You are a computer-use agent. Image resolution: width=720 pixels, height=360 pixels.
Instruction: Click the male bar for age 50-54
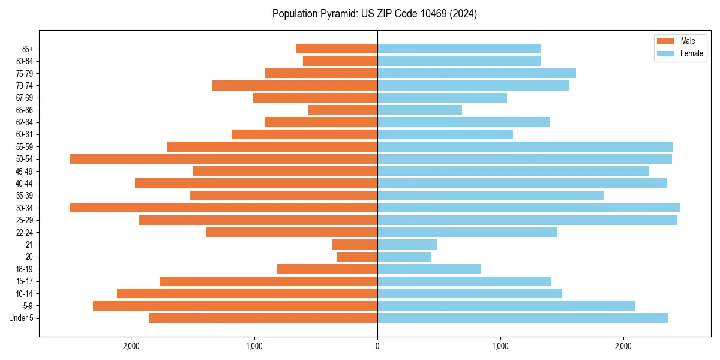(223, 159)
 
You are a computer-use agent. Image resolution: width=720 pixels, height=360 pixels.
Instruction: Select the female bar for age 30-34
(529, 208)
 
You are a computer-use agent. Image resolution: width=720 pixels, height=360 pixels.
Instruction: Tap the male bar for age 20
(357, 257)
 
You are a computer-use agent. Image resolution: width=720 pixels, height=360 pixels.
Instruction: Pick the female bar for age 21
(407, 245)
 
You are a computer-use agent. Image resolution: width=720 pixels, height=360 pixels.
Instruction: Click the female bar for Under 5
(523, 318)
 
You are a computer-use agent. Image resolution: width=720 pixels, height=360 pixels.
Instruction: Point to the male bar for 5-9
(235, 306)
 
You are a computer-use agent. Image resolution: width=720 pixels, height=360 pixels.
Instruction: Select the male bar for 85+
(337, 49)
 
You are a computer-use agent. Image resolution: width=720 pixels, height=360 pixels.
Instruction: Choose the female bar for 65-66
(419, 110)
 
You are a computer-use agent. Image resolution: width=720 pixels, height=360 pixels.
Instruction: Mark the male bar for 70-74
(295, 86)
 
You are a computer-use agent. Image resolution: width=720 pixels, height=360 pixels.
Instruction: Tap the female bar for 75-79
(476, 73)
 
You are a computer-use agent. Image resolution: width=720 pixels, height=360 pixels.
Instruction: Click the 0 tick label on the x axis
(377, 346)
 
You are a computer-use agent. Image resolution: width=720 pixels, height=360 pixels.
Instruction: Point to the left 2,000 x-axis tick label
(131, 346)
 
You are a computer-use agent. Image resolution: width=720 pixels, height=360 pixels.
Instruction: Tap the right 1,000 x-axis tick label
(500, 346)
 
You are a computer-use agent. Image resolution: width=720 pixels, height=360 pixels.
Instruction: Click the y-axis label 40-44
(24, 184)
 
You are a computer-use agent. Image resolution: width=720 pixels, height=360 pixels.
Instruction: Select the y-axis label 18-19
(24, 269)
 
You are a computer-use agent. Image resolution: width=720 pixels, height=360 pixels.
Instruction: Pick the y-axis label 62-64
(24, 122)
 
